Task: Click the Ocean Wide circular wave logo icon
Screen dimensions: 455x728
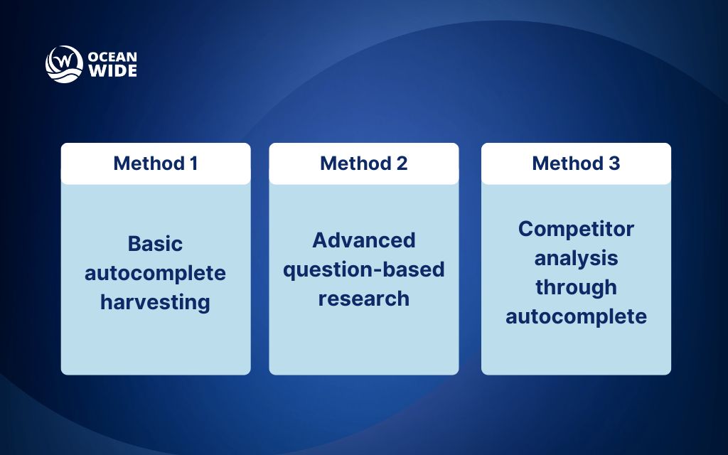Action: pos(64,65)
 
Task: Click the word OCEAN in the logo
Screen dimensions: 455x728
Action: pos(112,57)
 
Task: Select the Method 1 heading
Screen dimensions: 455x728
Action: pos(155,164)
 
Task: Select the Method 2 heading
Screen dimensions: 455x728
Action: pos(363,164)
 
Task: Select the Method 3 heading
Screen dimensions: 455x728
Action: pos(576,164)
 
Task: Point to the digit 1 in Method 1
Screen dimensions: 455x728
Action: pos(193,164)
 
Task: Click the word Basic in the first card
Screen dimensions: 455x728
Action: pos(155,244)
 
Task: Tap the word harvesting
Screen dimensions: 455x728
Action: pos(155,302)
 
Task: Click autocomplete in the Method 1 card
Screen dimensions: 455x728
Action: pos(155,273)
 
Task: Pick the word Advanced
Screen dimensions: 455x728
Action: pos(363,240)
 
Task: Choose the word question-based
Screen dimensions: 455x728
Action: pos(363,269)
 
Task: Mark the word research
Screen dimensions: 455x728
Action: pos(363,299)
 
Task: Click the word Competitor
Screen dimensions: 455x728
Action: pos(576,229)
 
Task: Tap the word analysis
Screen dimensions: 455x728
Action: pos(576,258)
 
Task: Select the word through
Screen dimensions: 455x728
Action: pos(576,287)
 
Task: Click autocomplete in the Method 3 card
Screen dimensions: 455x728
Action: pos(576,316)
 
